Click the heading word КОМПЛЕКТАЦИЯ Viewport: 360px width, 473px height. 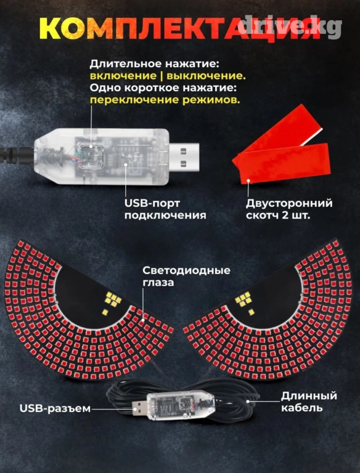click(180, 28)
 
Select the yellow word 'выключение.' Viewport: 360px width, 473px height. click(206, 76)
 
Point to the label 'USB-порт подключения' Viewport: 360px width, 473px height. click(165, 209)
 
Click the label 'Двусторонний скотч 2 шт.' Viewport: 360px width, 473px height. click(289, 209)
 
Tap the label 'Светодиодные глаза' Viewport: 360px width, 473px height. click(186, 277)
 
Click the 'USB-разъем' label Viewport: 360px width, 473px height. click(55, 409)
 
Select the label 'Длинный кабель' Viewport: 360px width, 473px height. click(309, 402)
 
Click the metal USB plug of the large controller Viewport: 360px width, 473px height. click(184, 157)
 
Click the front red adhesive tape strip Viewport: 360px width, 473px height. click(284, 163)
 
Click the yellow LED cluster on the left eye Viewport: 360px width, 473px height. click(112, 301)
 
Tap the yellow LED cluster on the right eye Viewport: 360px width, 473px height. click(245, 301)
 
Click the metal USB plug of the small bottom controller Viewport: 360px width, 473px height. click(139, 408)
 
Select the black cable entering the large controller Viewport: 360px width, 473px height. click(17, 156)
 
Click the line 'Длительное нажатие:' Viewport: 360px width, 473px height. click(154, 64)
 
